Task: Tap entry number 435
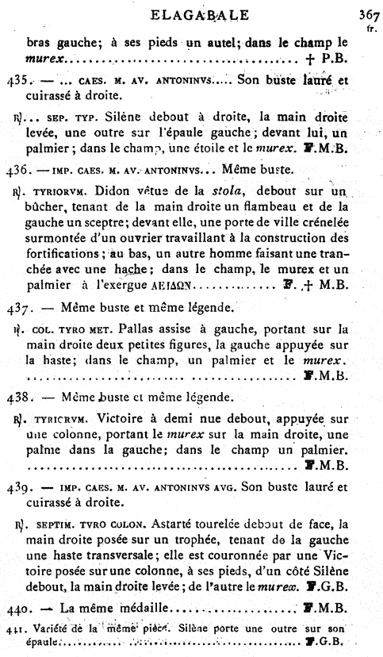click(15, 79)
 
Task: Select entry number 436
click(15, 169)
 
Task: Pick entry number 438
click(15, 396)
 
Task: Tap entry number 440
click(15, 609)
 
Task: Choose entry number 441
click(12, 628)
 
